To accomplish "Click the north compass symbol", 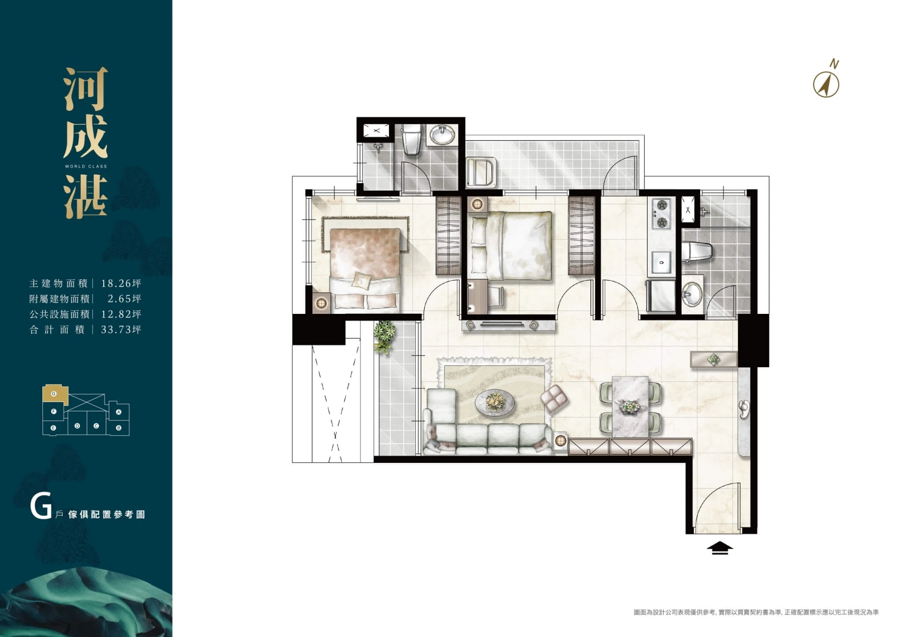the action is click(x=826, y=84).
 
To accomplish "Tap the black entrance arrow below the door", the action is click(x=720, y=548).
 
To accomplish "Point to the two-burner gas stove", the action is click(x=661, y=214).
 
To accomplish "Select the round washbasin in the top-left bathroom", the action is click(x=442, y=134).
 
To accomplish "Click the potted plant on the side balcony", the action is click(x=384, y=336).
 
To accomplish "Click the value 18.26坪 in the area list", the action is click(x=121, y=283).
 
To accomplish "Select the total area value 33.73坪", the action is click(x=121, y=329).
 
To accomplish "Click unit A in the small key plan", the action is click(x=119, y=412).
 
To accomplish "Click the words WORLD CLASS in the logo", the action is click(x=86, y=167).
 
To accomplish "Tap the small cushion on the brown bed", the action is click(x=362, y=281).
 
